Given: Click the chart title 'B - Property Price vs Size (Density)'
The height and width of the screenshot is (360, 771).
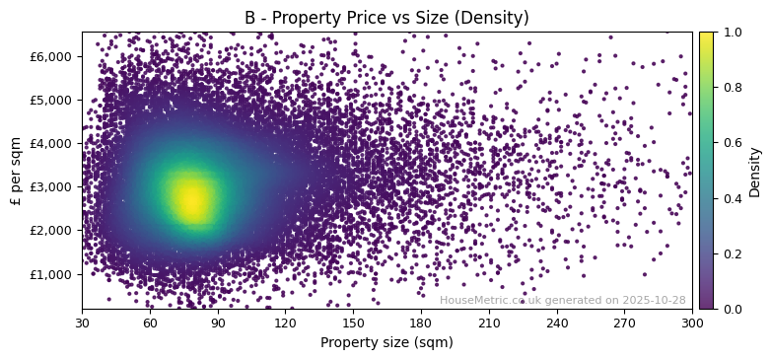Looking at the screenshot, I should coord(386,18).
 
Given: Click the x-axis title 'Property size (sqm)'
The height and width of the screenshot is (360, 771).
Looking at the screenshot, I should coord(386,342).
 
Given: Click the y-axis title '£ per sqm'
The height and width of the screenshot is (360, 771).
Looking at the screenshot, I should coord(16,171).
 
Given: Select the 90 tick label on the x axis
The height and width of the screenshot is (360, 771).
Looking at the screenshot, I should coord(218,323).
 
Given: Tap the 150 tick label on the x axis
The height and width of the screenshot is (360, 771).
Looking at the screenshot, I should coord(353,323).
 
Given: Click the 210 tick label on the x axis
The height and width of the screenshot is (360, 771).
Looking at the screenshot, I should coord(489,323).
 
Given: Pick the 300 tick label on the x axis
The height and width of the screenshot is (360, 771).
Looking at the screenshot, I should coord(692,323).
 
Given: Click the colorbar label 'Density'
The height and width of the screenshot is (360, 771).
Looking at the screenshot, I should coord(755,171).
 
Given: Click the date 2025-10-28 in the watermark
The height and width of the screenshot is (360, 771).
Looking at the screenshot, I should coord(655,300).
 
